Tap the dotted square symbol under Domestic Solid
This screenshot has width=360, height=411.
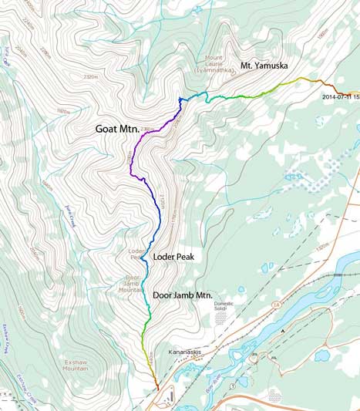pyautogui.click(x=221, y=318)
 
